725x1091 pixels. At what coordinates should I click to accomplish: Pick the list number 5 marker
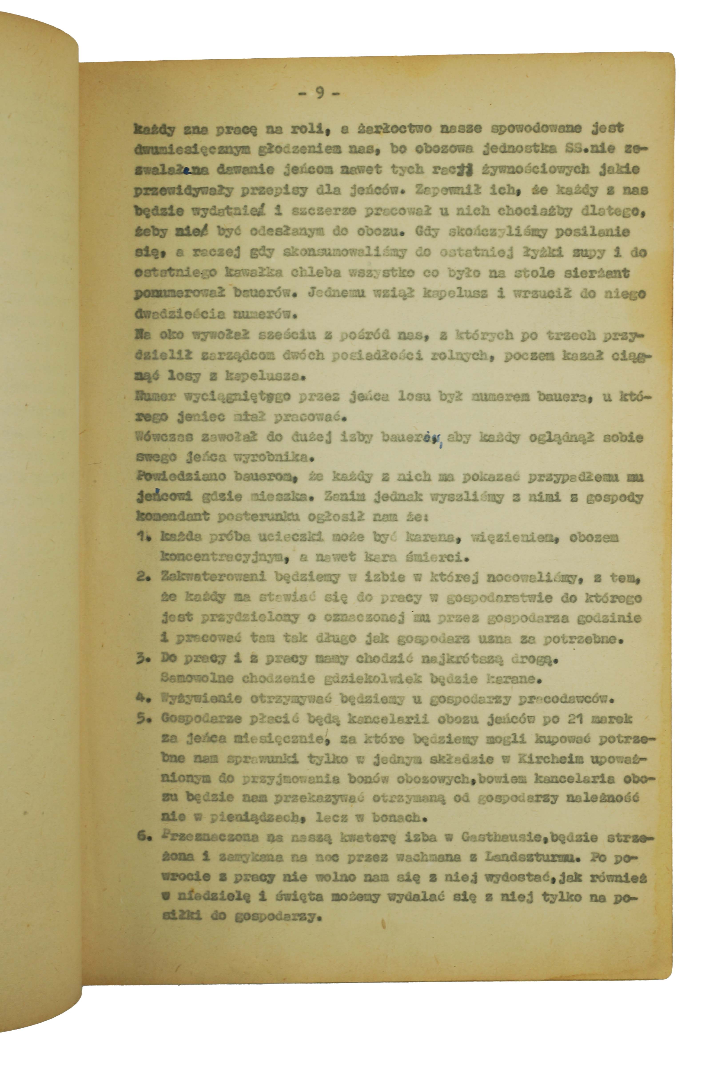[142, 719]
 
